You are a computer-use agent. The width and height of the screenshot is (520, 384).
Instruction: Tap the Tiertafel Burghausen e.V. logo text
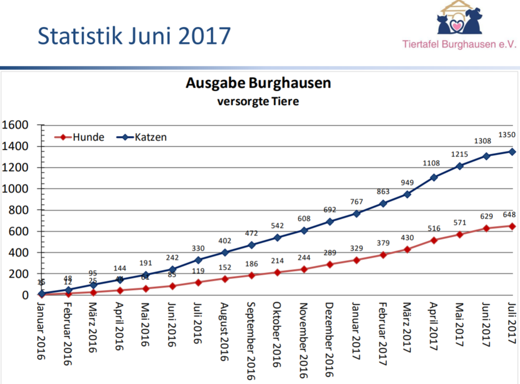click(x=459, y=44)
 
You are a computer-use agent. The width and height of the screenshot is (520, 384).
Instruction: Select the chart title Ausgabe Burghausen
click(x=258, y=83)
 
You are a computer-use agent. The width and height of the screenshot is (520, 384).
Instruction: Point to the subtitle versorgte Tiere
click(x=258, y=102)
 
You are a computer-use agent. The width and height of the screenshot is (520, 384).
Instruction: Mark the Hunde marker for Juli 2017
click(x=512, y=226)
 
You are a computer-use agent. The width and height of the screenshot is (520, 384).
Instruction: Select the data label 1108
click(x=434, y=164)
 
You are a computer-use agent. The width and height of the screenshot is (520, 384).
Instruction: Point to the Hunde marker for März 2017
click(x=407, y=249)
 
